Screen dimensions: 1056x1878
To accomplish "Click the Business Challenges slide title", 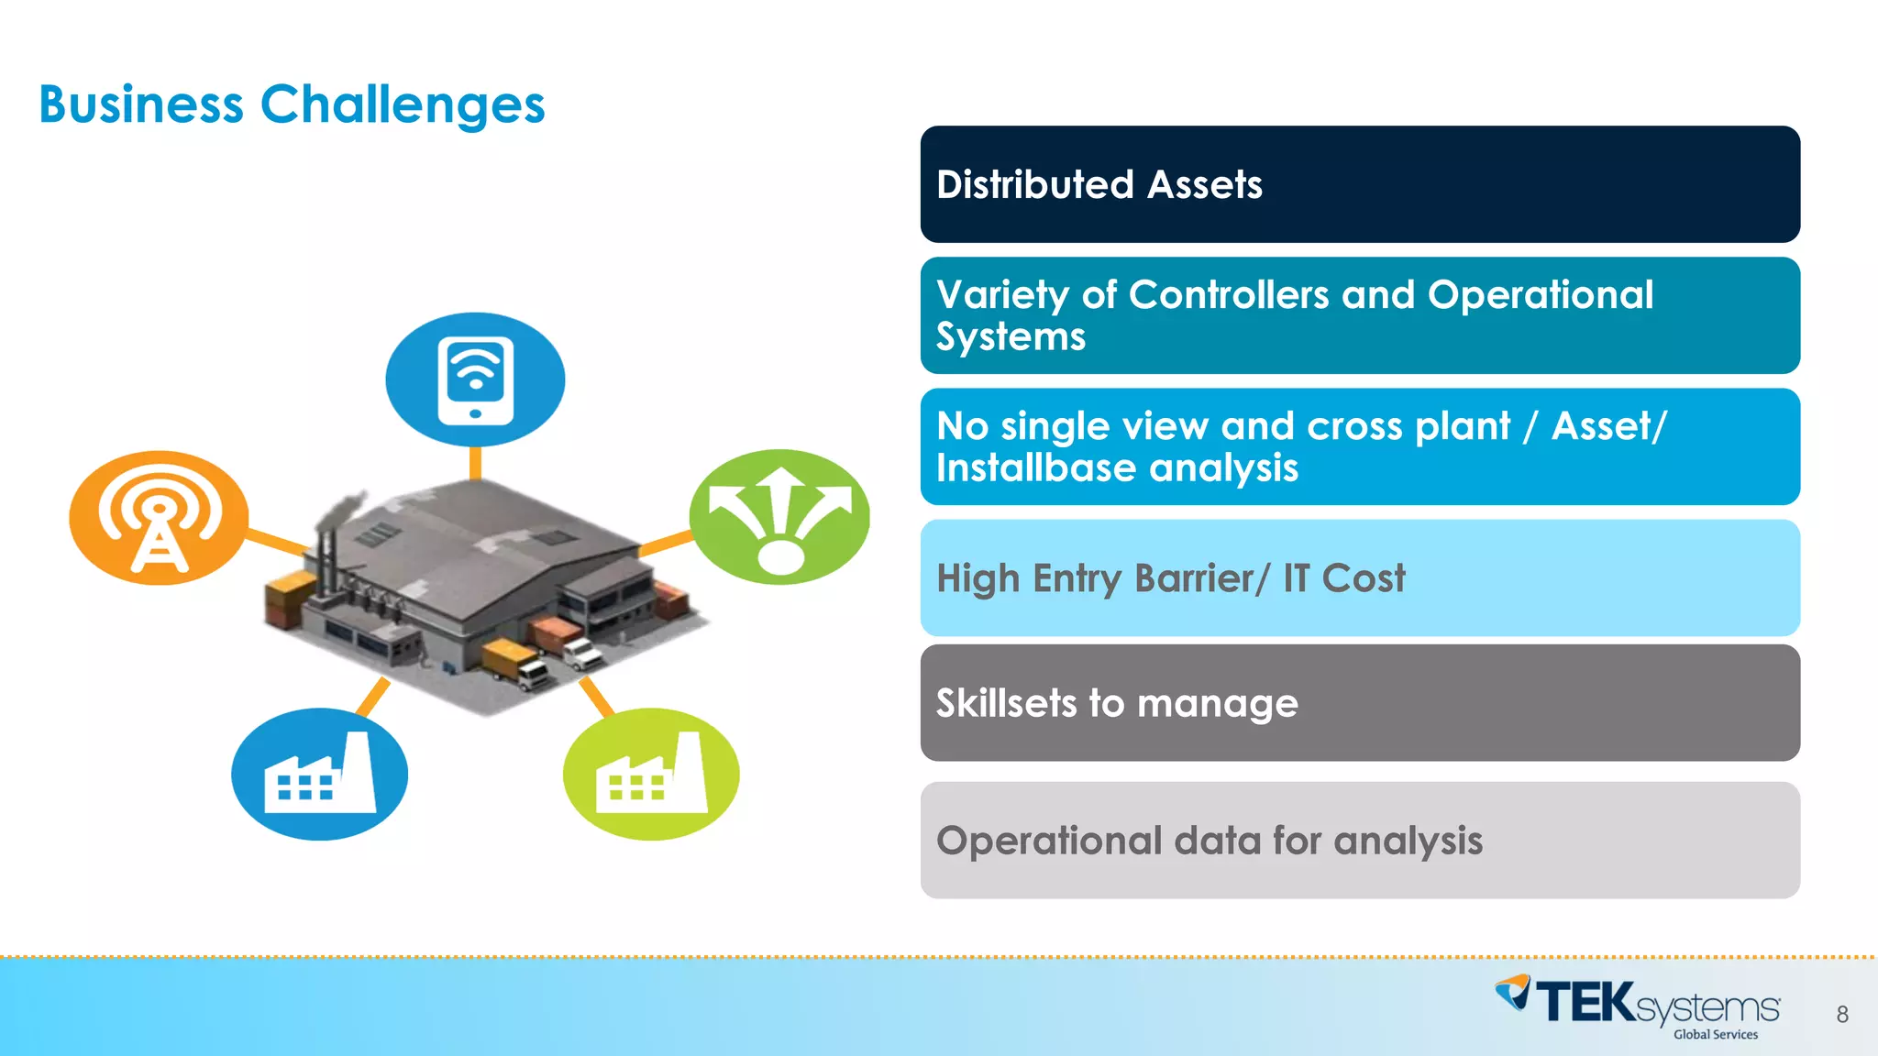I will (x=292, y=104).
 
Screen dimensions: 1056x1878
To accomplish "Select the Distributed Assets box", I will (x=1359, y=184).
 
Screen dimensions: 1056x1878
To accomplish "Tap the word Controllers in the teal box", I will (x=1228, y=295).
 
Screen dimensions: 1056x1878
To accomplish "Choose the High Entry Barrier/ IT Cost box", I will (x=1359, y=578).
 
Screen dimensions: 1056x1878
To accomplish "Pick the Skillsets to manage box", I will (x=1359, y=703).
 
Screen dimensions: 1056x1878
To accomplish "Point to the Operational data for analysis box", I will (x=1359, y=841).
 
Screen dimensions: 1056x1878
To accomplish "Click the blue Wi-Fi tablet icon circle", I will (x=475, y=379).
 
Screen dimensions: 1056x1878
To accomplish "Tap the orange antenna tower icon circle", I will (x=159, y=518).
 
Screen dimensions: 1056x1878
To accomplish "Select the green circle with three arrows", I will (x=779, y=517).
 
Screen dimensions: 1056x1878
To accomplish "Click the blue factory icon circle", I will (x=319, y=775).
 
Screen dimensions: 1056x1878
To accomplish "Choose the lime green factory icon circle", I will (x=651, y=775).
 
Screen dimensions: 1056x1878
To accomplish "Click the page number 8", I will (x=1841, y=1015).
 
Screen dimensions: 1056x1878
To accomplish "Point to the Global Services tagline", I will (x=1715, y=1035).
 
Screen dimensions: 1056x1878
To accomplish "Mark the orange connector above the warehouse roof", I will (x=475, y=463).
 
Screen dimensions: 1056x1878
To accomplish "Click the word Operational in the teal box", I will (x=1540, y=295).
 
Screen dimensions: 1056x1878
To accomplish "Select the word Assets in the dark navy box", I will (x=1204, y=185).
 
